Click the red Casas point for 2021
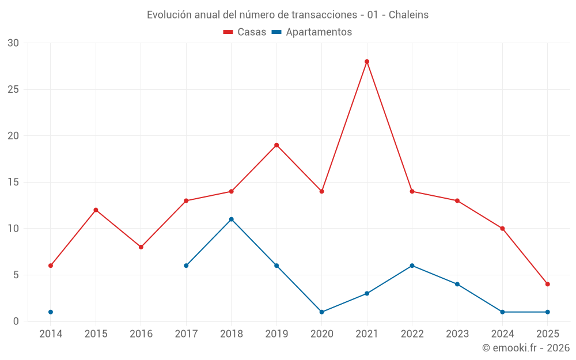click(367, 62)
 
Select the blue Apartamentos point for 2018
click(231, 219)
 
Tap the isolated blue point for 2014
click(51, 312)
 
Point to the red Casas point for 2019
click(276, 145)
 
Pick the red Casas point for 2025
click(548, 284)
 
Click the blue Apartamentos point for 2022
click(412, 266)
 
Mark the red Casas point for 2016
click(141, 247)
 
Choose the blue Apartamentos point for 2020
click(321, 312)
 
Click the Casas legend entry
click(245, 32)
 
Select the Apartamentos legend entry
click(312, 32)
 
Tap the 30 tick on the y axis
click(13, 43)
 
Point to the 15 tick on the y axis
click(13, 183)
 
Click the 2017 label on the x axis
click(186, 334)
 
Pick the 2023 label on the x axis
click(457, 334)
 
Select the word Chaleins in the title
click(408, 15)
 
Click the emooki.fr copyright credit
click(526, 348)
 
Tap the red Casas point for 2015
click(96, 210)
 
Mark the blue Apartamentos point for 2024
click(502, 312)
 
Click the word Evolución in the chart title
click(169, 15)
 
